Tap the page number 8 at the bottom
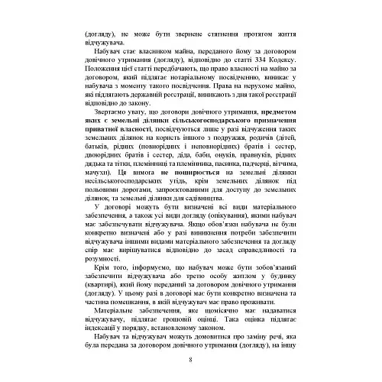[x=190, y=360]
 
